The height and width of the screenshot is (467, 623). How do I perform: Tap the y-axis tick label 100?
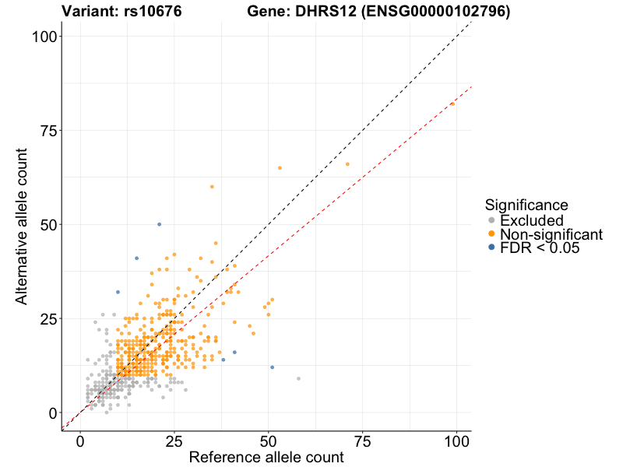point(41,37)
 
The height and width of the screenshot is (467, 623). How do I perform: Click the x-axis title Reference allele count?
point(266,457)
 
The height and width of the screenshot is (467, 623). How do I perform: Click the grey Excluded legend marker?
point(491,220)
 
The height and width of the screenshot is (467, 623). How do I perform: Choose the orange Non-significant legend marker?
point(491,234)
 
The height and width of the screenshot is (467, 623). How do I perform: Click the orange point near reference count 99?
point(452,104)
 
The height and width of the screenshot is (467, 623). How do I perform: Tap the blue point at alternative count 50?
point(160,224)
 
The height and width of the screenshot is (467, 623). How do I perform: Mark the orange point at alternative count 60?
point(212,187)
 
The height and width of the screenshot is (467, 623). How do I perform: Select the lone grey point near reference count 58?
point(298,378)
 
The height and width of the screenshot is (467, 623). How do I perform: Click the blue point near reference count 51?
point(272,367)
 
